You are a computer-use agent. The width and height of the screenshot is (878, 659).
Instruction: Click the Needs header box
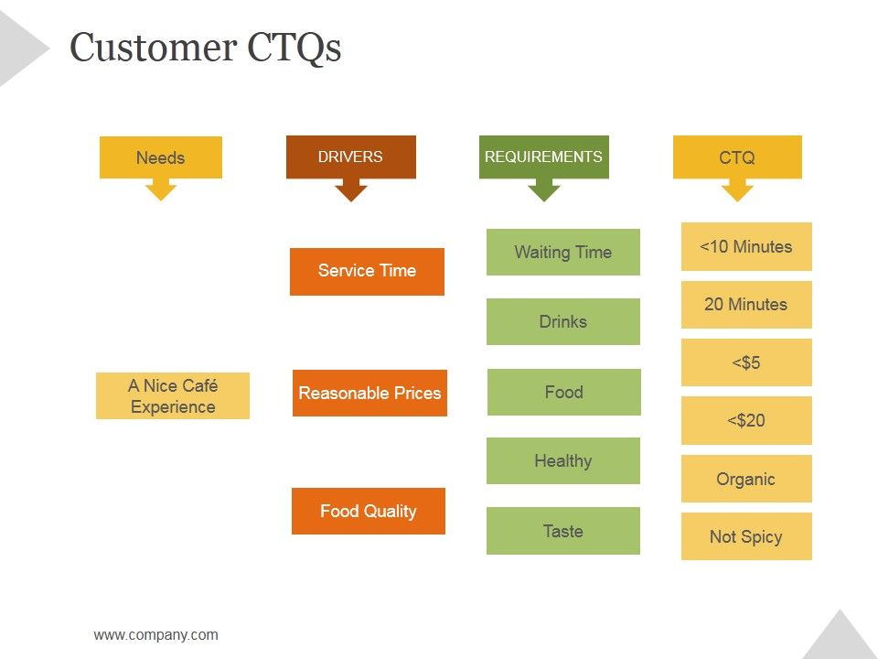tap(160, 157)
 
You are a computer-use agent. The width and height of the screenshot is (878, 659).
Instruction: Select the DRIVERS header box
tap(350, 157)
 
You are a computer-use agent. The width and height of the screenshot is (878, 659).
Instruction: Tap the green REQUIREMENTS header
tap(543, 157)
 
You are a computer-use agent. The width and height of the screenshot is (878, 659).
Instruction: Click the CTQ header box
tap(737, 157)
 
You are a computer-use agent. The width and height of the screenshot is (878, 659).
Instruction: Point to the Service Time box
tap(367, 271)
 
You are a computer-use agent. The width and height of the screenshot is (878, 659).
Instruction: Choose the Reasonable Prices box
tap(369, 394)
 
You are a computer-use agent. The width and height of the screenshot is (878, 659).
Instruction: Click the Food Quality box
tap(368, 511)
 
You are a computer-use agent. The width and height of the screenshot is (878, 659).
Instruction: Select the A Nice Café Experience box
tap(172, 396)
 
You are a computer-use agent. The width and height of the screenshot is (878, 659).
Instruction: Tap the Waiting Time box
tap(562, 252)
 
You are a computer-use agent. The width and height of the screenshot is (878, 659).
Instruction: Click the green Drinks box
tap(562, 321)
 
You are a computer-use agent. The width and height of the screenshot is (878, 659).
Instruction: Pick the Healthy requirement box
tap(562, 460)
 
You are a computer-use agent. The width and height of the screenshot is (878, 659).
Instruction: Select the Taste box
tap(562, 531)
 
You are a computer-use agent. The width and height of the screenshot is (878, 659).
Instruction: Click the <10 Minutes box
tap(746, 246)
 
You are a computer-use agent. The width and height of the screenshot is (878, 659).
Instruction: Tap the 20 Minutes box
tap(746, 305)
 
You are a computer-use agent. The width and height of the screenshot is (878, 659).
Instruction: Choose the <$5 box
tap(746, 362)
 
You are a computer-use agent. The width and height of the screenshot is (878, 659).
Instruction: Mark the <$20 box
tap(746, 420)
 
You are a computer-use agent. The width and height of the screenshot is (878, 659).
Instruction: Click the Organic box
tap(746, 479)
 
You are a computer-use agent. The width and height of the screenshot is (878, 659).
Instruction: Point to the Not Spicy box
tap(746, 536)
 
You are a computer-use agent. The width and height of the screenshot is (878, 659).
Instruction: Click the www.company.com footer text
tap(155, 634)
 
